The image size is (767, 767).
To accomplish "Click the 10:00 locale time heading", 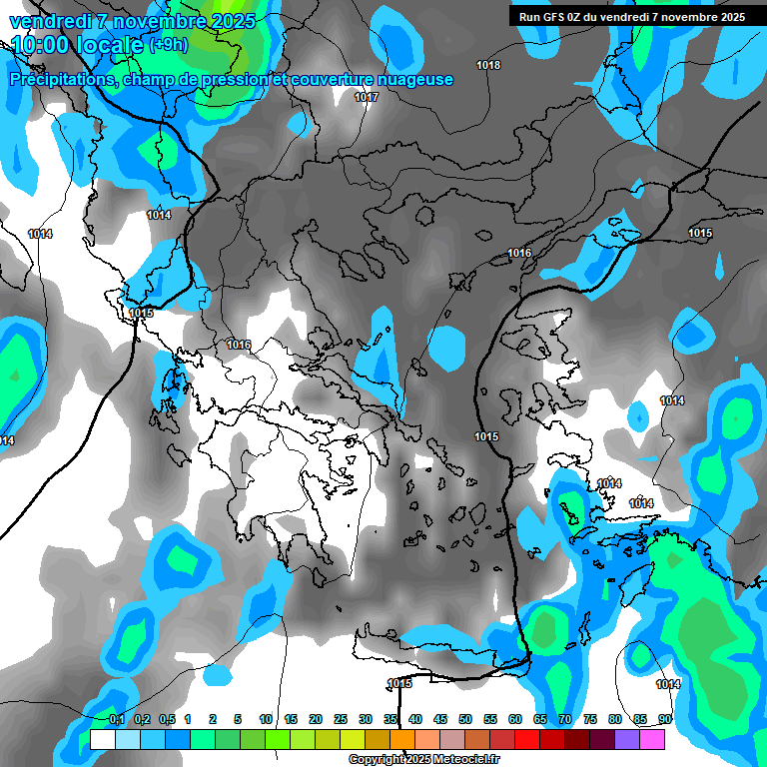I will coord(78,44).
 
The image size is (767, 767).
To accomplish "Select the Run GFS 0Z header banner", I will coord(632,17).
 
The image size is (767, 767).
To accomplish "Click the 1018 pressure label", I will coord(488,66).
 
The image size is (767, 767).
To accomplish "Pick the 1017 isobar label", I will coord(367,98).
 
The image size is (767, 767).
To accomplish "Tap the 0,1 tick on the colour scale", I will coord(117,720).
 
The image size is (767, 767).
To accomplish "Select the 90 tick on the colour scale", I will coord(664,720).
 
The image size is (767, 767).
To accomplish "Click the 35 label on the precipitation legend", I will coord(390,720).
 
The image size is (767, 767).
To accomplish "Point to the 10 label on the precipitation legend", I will coord(266,720).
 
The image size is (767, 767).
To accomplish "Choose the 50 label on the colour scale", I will coord(465,720).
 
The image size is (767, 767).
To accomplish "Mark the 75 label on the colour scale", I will coord(590,720).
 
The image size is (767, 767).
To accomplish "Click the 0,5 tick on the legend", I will coord(167,720).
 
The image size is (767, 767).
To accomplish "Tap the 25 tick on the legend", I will coord(341,720).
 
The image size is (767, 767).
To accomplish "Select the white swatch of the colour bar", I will coord(103,740).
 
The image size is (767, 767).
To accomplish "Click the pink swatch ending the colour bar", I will coord(652,740).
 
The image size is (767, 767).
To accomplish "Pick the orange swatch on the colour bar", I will coord(402,740).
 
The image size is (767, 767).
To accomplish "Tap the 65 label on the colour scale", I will coord(540,720).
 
